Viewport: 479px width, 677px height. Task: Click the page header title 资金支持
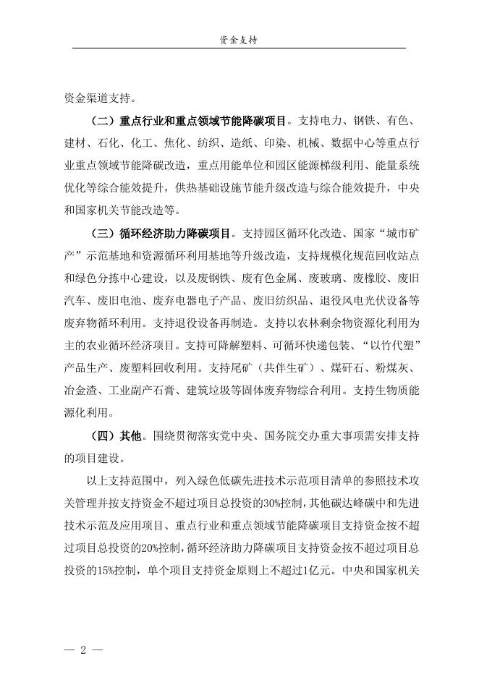click(239, 41)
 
